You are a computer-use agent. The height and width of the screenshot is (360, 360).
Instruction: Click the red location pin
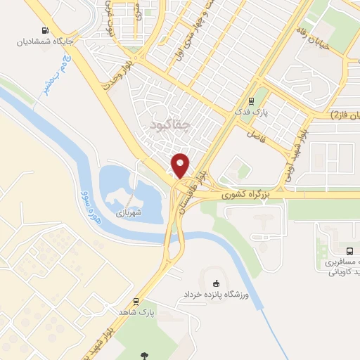181,165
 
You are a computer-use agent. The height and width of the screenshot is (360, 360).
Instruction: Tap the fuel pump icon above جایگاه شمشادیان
45,30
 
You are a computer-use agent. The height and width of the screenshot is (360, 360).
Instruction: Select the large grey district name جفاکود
170,124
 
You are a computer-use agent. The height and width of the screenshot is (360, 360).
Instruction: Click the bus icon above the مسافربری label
349,251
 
